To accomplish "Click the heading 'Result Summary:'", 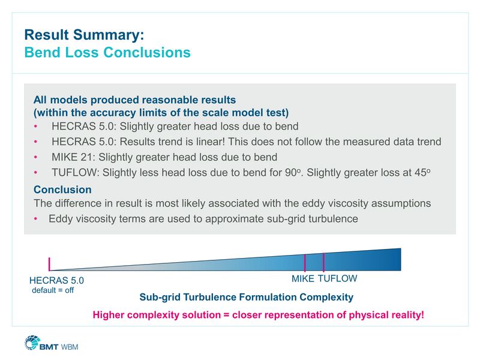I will (84, 34).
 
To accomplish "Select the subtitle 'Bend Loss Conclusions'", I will (107, 53).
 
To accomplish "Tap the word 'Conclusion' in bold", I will (62, 190).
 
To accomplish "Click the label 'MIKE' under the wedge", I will (303, 279).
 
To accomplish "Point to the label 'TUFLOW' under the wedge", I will (337, 279).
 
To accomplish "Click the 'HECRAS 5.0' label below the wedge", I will (56, 280).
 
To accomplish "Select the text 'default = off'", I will (53, 290).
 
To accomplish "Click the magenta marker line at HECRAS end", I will (50, 264).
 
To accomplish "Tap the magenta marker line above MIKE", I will (305, 263).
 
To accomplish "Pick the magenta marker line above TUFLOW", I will (323, 262).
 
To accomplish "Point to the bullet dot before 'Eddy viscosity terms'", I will (36, 219).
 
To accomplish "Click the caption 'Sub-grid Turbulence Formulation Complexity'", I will (246, 297).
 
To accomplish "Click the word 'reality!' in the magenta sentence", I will (405, 314).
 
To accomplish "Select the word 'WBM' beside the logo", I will (70, 346).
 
